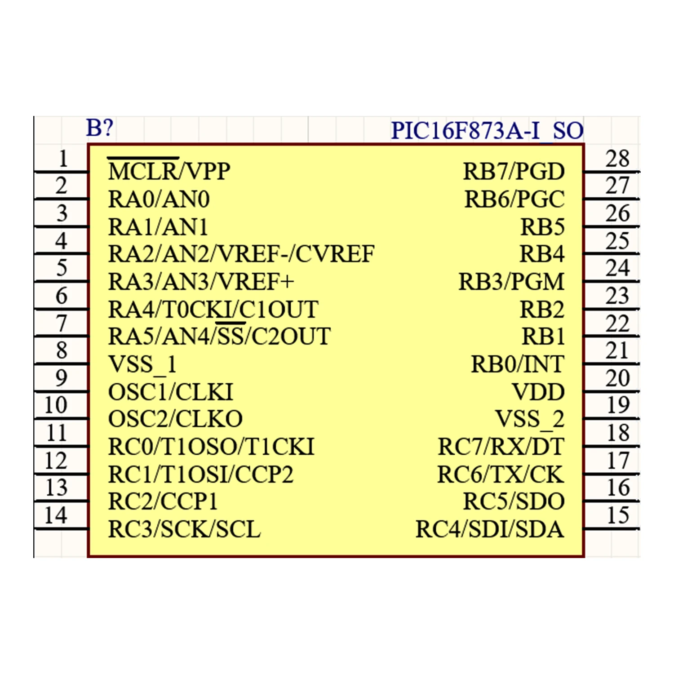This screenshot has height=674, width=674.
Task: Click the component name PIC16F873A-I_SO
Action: [487, 131]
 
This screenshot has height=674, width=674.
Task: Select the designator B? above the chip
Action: [99, 128]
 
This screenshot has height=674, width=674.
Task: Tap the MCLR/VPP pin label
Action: [169, 171]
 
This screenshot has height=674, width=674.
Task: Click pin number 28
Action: [617, 159]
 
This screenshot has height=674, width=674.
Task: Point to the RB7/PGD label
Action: [514, 171]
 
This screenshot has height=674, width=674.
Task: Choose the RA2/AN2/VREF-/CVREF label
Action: [241, 254]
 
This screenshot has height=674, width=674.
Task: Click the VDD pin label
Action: [538, 392]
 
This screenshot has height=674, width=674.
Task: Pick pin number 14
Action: [56, 515]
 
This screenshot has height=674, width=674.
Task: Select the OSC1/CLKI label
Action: [170, 392]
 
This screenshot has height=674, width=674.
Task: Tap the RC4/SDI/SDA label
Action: [489, 529]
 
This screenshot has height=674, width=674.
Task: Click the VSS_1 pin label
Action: [142, 364]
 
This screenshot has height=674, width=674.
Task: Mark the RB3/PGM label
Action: [511, 282]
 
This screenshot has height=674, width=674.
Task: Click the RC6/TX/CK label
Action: [500, 474]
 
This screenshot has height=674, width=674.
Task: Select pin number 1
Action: [63, 159]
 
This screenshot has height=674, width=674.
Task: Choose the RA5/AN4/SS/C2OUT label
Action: [219, 337]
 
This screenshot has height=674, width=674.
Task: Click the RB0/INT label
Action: [517, 364]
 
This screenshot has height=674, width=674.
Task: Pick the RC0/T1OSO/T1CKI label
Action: [211, 447]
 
